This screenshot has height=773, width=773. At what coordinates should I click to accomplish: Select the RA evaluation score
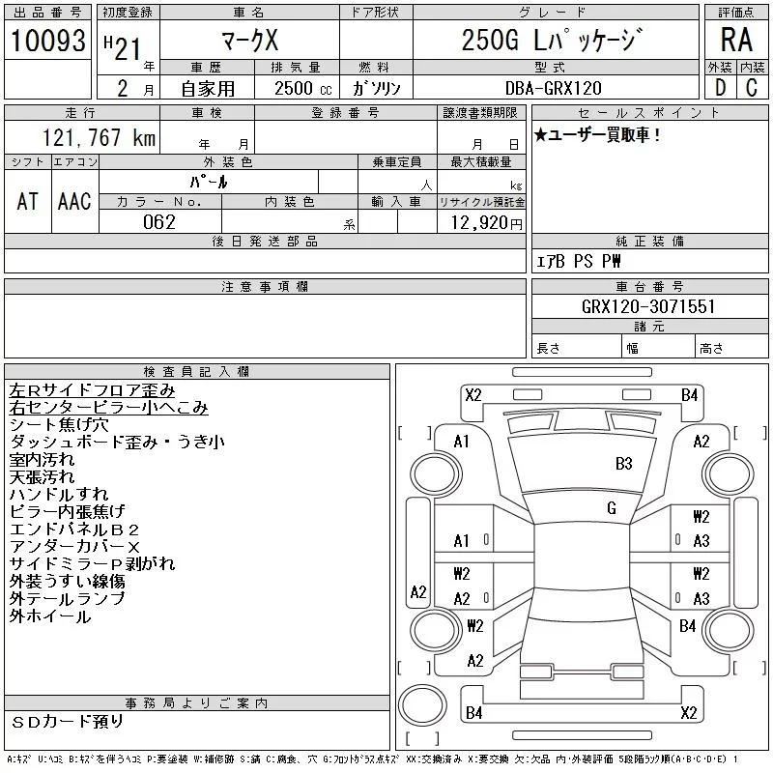pos(736,40)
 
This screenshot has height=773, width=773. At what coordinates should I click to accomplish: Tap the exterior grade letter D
pos(720,88)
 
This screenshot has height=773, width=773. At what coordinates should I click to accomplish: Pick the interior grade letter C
pos(752,88)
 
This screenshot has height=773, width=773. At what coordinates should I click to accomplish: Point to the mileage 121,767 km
pos(98,137)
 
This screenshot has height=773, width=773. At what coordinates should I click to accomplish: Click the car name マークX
pos(249,41)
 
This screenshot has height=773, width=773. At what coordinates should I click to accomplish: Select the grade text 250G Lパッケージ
pos(549,41)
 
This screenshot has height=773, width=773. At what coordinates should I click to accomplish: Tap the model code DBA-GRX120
pos(554,88)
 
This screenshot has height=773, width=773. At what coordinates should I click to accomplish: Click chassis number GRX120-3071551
pos(648,306)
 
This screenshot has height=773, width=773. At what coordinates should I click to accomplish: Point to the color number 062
pos(159,222)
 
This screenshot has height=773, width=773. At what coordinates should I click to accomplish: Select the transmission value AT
pos(28,201)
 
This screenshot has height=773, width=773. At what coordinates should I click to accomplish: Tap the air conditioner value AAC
pos(74,201)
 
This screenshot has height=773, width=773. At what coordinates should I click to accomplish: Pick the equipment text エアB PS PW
pos(580,261)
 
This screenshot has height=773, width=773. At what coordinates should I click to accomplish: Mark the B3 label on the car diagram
pos(624,463)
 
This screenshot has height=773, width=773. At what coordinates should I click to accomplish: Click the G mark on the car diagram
pos(612,507)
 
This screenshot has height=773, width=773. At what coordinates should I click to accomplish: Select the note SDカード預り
pos(69,721)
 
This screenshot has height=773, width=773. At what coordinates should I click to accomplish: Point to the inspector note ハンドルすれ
pos(59,494)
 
